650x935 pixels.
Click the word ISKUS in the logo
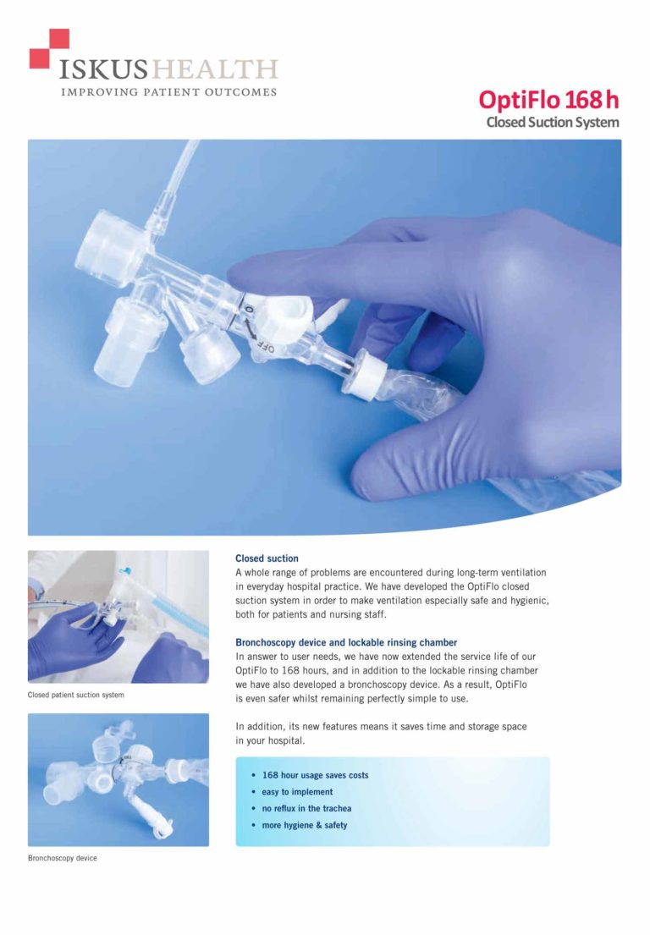pyautogui.click(x=102, y=69)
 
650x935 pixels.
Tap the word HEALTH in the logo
pyautogui.click(x=215, y=69)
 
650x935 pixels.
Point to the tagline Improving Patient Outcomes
pyautogui.click(x=168, y=92)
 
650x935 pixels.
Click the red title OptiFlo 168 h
pyautogui.click(x=548, y=100)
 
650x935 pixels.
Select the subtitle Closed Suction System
pyautogui.click(x=553, y=122)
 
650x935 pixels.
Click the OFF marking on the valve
pyautogui.click(x=266, y=346)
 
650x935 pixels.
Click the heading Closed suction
pyautogui.click(x=267, y=558)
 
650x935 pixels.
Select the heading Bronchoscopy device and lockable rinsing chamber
pyautogui.click(x=346, y=643)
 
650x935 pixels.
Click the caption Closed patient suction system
pyautogui.click(x=75, y=696)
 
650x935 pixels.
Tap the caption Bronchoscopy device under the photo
pyautogui.click(x=62, y=858)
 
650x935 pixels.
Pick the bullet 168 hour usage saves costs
pyautogui.click(x=315, y=775)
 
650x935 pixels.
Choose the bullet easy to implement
pyautogui.click(x=297, y=792)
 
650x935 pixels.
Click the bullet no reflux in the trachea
pyautogui.click(x=306, y=809)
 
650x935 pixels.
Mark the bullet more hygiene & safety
pyautogui.click(x=304, y=825)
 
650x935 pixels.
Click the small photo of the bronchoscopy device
pyautogui.click(x=118, y=780)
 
